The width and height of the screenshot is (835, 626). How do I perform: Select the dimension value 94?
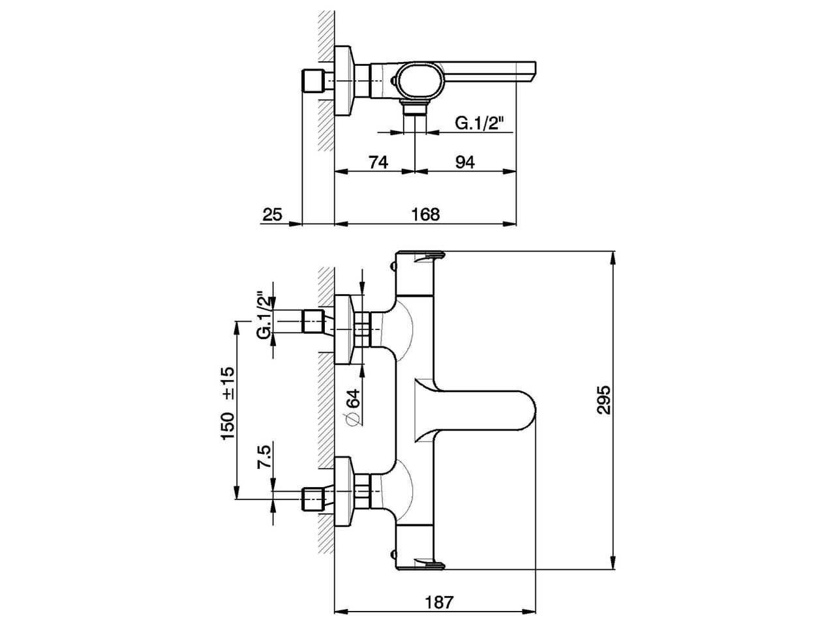click(x=464, y=162)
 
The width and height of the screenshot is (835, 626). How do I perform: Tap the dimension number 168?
click(x=426, y=214)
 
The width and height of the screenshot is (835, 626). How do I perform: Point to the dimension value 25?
click(x=273, y=214)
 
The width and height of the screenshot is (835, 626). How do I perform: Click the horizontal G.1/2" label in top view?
click(x=480, y=123)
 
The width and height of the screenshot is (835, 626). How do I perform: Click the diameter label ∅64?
click(x=352, y=408)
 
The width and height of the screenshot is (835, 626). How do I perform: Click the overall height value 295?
click(x=603, y=400)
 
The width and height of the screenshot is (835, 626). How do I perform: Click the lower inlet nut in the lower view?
click(x=314, y=499)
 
